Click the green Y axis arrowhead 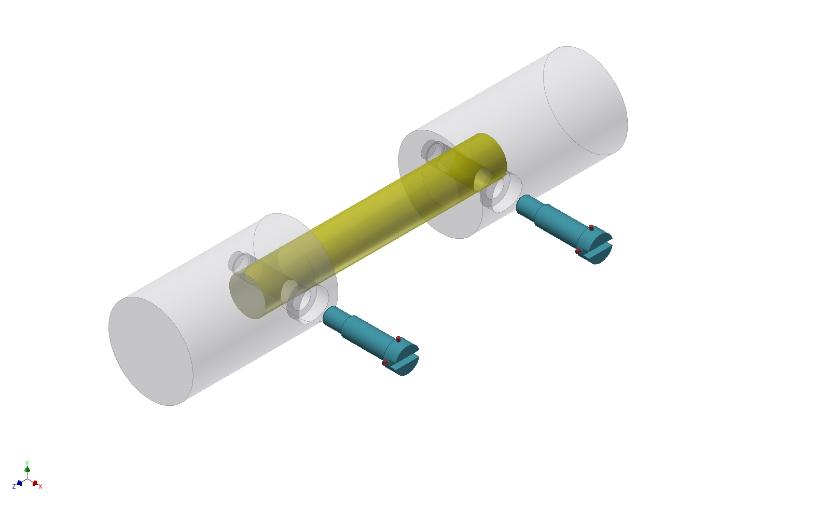(27, 469)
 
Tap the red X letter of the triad (40, 486)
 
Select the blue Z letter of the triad (14, 487)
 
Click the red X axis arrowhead (35, 483)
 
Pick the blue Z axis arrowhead (19, 483)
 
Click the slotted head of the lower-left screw (408, 359)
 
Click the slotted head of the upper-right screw (601, 248)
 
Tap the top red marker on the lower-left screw (398, 339)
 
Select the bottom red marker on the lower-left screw (385, 363)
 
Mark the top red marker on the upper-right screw (591, 227)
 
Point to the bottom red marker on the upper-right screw (578, 251)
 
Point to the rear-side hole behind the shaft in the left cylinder (239, 262)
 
